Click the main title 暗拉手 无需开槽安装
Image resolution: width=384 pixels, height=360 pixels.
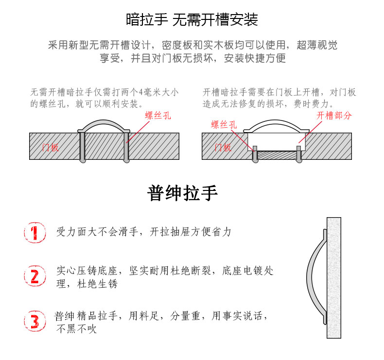click(192, 19)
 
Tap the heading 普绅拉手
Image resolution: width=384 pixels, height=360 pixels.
click(182, 193)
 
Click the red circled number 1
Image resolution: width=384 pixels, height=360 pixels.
click(35, 233)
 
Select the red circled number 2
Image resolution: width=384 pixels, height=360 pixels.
click(35, 275)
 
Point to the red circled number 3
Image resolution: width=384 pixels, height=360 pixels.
click(35, 321)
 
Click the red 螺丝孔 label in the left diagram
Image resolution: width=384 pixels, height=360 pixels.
click(157, 116)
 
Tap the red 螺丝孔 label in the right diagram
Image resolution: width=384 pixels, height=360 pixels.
click(224, 124)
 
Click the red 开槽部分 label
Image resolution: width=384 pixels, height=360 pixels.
click(334, 116)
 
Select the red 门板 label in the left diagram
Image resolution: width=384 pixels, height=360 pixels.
click(51, 147)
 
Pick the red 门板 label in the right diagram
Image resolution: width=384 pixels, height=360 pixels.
click(223, 147)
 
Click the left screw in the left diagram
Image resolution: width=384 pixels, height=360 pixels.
click(83, 147)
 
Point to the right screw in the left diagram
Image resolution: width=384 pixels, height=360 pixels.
click(126, 147)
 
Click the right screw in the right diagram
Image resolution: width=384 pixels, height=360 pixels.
click(299, 154)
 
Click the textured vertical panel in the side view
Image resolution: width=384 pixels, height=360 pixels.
click(334, 278)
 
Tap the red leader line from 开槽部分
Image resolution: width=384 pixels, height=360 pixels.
click(310, 132)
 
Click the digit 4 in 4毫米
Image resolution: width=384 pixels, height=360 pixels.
click(141, 92)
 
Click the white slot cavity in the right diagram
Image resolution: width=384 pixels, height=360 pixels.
click(277, 142)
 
